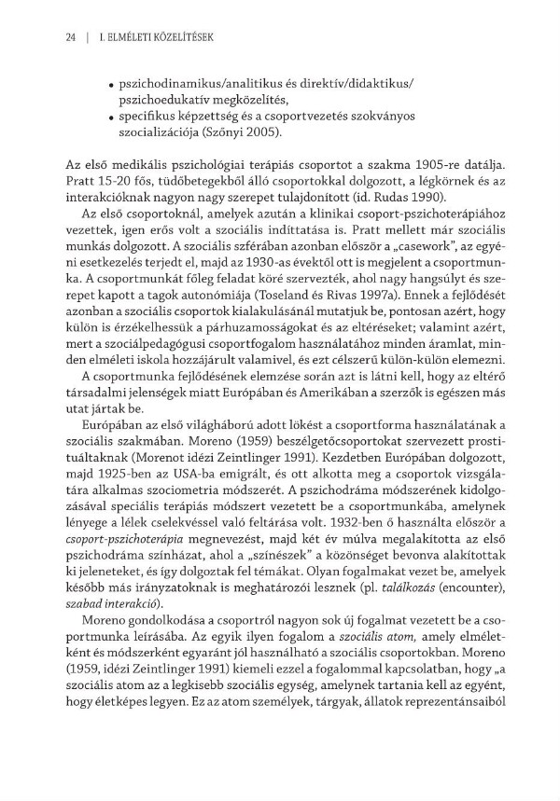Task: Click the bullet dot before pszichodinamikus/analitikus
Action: [112, 85]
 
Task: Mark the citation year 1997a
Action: [451, 296]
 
